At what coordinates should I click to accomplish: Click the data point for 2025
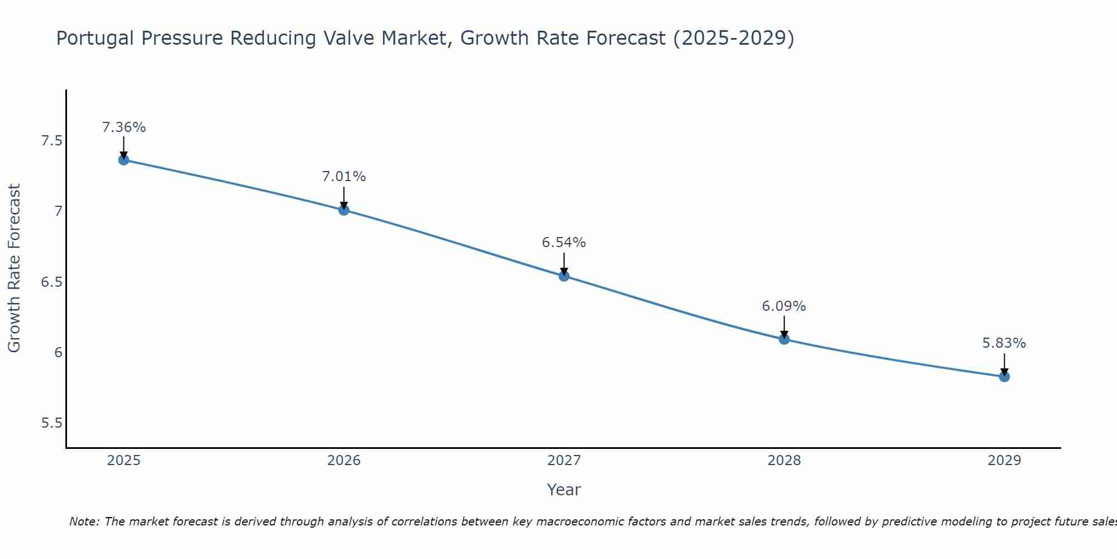coord(123,160)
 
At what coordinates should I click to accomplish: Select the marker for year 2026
coord(344,210)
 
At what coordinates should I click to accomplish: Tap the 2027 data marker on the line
coord(564,276)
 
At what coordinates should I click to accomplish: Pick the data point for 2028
coord(784,339)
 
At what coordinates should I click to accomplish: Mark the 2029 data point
coord(1004,376)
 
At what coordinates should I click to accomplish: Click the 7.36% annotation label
coord(123,127)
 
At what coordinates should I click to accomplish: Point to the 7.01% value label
coord(344,177)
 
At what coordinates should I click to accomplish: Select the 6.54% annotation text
coord(564,243)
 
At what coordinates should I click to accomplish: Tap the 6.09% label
coord(784,306)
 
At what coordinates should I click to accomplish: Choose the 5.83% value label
coord(1004,343)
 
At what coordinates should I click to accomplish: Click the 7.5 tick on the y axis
coord(51,140)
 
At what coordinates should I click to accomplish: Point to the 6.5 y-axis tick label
coord(51,282)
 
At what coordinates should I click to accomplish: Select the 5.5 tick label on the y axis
coord(51,423)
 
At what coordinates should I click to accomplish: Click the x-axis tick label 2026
coord(344,461)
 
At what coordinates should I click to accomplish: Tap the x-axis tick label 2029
coord(1004,461)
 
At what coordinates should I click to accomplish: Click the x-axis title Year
coord(564,490)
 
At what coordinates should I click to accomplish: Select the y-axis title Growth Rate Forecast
coord(15,268)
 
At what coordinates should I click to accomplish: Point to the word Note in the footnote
coord(84,522)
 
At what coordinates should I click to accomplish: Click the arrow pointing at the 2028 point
coord(784,327)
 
